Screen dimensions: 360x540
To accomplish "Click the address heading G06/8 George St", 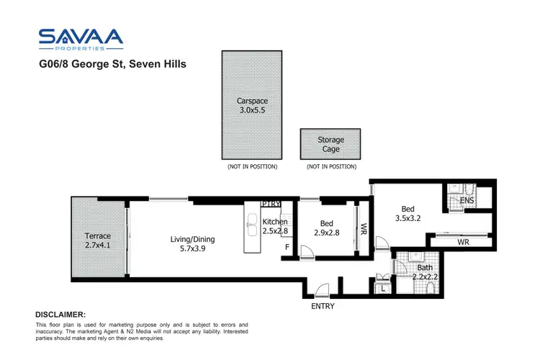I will [x=112, y=64].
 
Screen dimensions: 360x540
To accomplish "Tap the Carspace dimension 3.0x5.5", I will [x=253, y=111].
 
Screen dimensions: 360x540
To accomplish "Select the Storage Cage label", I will [x=330, y=144].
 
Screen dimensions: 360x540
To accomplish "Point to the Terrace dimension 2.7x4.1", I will [x=97, y=246].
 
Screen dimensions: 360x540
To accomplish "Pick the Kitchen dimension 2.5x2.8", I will [x=275, y=231].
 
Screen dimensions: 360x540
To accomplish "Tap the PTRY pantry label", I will [x=271, y=204].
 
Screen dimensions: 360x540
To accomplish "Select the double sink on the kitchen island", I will [x=252, y=225].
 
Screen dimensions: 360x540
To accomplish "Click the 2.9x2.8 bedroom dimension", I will [x=328, y=233].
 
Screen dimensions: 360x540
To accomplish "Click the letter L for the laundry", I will [x=384, y=288].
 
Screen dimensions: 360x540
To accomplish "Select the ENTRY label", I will [x=322, y=306].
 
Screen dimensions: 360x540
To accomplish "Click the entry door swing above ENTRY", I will [x=322, y=290].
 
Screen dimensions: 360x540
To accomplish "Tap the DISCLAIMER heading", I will [x=60, y=315].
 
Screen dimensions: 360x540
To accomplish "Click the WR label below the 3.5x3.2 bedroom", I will [x=464, y=243].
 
